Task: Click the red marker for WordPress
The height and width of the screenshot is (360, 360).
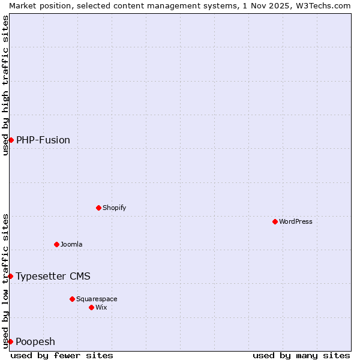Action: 275,221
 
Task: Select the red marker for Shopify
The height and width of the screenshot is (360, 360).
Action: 98,208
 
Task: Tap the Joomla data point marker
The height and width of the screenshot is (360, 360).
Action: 56,244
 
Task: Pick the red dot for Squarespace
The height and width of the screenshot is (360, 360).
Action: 72,299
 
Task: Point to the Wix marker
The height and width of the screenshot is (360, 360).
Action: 91,307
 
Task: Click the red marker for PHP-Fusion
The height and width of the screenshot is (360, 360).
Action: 11,140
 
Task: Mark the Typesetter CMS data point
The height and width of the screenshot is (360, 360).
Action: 10,276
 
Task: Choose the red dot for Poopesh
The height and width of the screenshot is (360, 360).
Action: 10,341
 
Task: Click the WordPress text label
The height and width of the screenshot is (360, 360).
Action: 296,221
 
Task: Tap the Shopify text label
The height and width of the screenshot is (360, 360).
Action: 115,208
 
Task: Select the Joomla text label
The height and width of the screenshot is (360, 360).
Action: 71,244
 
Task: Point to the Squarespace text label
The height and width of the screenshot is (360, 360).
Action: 97,299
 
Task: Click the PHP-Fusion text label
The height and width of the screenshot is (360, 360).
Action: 43,140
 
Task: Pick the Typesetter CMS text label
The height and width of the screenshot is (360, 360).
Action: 53,276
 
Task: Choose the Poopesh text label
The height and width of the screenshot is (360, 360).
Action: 35,341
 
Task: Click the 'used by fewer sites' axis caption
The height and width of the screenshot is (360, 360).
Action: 62,355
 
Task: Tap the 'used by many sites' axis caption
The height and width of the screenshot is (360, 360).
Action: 301,355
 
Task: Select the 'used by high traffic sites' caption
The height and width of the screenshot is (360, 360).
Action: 5,85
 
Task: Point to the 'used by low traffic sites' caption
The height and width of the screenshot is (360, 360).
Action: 5,281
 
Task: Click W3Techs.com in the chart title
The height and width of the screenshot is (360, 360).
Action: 321,5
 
